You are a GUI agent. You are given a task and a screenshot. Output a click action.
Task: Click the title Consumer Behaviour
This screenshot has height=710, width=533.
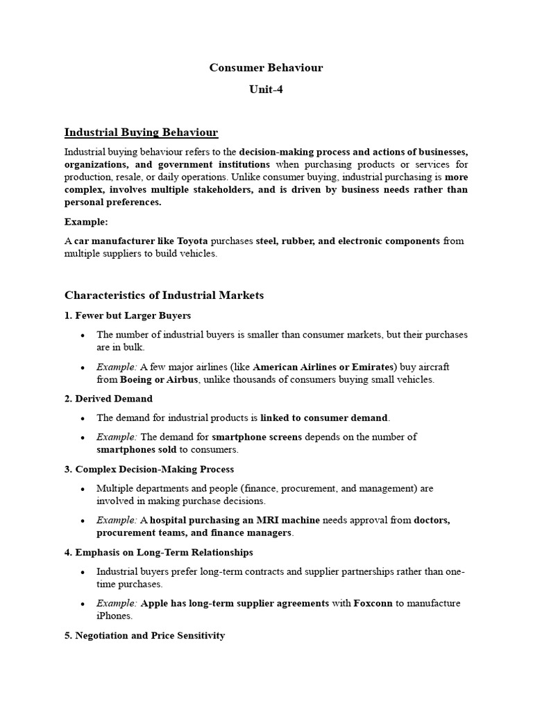tap(266, 68)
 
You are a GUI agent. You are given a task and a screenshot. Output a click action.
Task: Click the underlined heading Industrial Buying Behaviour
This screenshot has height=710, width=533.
tap(141, 132)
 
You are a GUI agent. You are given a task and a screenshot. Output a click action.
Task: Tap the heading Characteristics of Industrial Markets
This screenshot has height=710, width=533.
tap(164, 295)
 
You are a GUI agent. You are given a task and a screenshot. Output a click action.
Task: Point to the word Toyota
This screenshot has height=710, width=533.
tap(192, 241)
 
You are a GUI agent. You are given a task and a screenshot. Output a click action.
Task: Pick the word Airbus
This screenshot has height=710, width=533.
tap(183, 379)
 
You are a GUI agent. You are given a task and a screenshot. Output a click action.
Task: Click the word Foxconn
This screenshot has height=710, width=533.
tap(373, 603)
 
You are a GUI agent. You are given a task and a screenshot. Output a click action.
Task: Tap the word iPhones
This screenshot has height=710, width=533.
tap(115, 616)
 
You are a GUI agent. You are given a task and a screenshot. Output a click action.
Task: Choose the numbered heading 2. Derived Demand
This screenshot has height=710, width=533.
tap(108, 399)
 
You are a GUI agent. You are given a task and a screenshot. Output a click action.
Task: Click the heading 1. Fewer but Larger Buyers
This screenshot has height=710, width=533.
tap(128, 315)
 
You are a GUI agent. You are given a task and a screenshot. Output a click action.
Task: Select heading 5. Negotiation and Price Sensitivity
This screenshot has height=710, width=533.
tap(144, 635)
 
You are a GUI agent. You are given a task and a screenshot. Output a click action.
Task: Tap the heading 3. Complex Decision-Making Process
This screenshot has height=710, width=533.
tap(149, 469)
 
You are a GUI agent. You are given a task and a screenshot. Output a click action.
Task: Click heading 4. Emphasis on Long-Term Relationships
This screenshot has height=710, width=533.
tap(158, 553)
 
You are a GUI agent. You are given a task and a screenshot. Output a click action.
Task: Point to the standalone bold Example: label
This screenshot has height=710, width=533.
tap(87, 222)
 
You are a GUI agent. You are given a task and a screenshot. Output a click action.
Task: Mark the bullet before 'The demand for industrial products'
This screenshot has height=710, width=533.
tap(83, 418)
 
